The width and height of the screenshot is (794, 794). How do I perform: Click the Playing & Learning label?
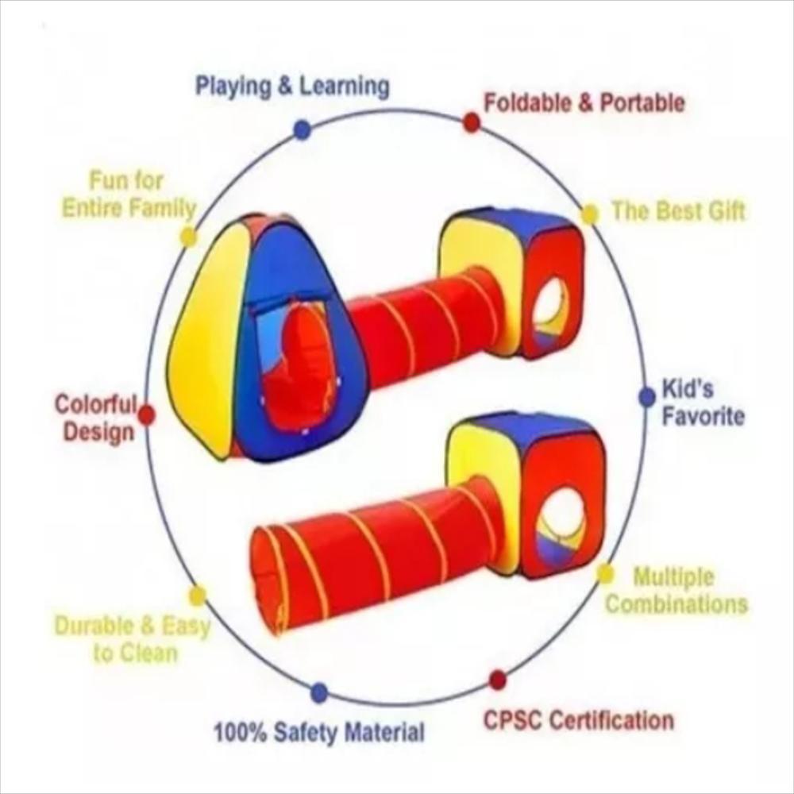[x=292, y=87]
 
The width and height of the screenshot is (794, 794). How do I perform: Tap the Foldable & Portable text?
[x=584, y=102]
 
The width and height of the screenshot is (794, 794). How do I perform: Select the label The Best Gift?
[x=678, y=211]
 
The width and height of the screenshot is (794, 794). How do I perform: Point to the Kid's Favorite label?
[x=703, y=403]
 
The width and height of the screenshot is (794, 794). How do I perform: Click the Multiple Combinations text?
[x=677, y=590]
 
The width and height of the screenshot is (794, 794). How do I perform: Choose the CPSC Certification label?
[x=579, y=721]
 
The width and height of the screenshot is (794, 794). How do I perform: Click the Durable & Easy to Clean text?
[x=132, y=639]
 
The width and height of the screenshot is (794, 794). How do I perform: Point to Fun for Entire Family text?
[x=129, y=195]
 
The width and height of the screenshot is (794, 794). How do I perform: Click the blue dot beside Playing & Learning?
[x=302, y=129]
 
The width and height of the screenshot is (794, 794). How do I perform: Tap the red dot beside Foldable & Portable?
[x=472, y=122]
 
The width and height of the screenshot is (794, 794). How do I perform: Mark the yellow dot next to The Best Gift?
[x=589, y=214]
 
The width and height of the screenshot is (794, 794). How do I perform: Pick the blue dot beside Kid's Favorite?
[x=647, y=397]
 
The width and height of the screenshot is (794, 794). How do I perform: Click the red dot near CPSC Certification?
[x=498, y=680]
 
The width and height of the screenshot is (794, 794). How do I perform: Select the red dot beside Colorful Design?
[x=146, y=414]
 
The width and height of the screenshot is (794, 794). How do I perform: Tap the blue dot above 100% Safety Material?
[x=319, y=692]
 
